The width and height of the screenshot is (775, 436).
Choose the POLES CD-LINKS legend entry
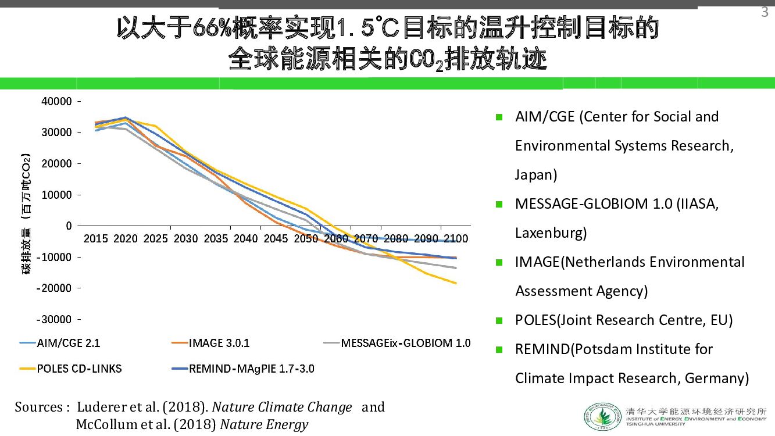pyautogui.click(x=79, y=369)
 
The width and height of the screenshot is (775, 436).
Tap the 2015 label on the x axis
pyautogui.click(x=95, y=238)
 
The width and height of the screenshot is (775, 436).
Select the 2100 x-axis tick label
pyautogui.click(x=456, y=238)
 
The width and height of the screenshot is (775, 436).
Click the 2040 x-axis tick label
pyautogui.click(x=245, y=238)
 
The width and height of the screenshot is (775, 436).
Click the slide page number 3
pyautogui.click(x=765, y=12)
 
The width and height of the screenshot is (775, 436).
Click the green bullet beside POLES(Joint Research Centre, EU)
pyautogui.click(x=499, y=320)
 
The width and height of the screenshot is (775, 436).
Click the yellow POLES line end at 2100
pyautogui.click(x=456, y=283)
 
